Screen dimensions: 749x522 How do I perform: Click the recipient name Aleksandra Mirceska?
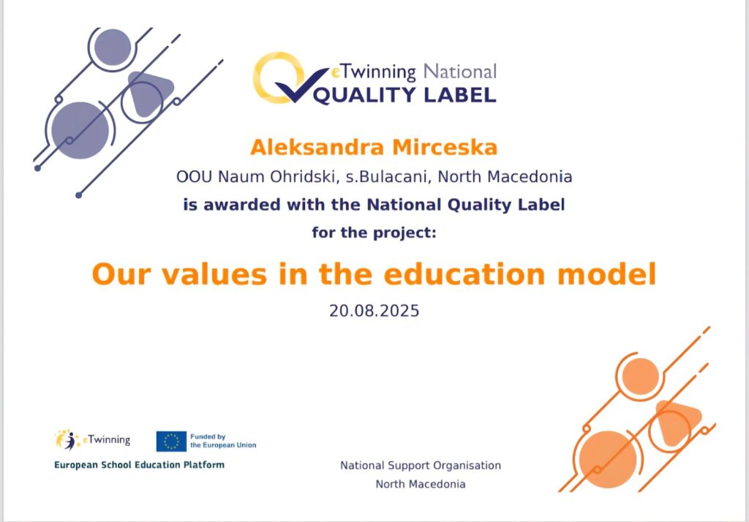tap(374, 147)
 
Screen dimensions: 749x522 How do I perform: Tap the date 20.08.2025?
tap(374, 311)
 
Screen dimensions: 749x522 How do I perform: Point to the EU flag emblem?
tap(171, 442)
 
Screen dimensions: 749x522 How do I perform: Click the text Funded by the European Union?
tap(223, 441)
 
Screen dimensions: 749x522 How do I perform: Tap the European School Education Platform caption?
tap(139, 465)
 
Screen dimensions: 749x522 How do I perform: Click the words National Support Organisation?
tap(421, 465)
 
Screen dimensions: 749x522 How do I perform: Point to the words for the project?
tap(374, 232)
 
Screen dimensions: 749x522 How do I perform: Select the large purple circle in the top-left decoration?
tap(80, 130)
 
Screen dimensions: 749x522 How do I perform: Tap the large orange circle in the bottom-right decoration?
tap(608, 459)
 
